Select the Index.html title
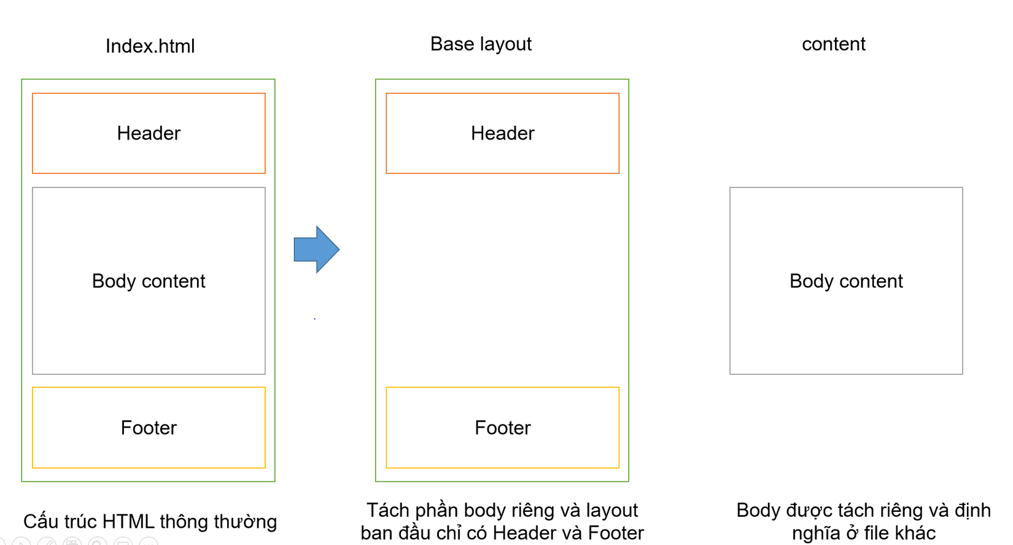pos(150,46)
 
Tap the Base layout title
pos(481,44)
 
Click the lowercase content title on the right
pos(833,44)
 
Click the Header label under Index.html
pos(149,133)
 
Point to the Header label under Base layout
pos(502,133)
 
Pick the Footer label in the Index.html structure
pos(149,428)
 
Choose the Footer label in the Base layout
pos(502,428)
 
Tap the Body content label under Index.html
pos(149,281)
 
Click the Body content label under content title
pos(846,281)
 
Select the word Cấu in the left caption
pos(39,522)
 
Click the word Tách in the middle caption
pos(387,511)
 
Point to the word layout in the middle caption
pos(611,511)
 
